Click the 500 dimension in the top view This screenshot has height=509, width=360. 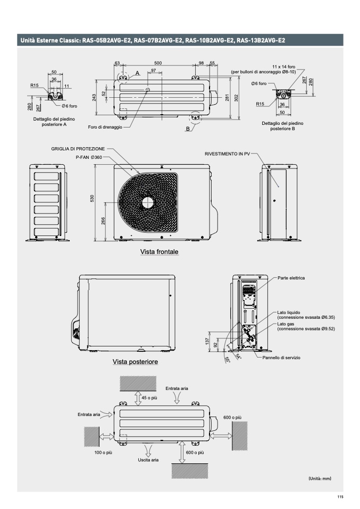[x=157, y=63]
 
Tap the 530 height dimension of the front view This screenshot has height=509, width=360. [x=92, y=198]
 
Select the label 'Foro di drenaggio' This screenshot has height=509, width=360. [x=105, y=127]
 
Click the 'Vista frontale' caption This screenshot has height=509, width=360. [x=159, y=252]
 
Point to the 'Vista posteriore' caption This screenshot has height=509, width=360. [x=135, y=362]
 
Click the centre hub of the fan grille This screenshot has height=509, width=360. [x=148, y=202]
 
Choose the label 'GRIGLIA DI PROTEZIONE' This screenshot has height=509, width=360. [x=78, y=149]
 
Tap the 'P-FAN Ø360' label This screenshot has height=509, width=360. [x=89, y=157]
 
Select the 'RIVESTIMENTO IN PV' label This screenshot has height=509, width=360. [x=228, y=154]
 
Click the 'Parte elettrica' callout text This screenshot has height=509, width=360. [x=291, y=278]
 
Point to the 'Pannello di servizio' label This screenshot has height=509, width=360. [x=281, y=358]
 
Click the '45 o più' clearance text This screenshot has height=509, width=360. [x=149, y=397]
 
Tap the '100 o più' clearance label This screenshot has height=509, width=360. [x=103, y=452]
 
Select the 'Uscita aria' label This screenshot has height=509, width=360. [x=148, y=460]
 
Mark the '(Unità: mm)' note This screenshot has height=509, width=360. [x=320, y=479]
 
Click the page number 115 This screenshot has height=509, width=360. [x=340, y=497]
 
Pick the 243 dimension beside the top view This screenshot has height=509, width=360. [x=94, y=97]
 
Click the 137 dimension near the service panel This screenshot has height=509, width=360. [x=207, y=341]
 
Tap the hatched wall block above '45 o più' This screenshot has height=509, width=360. [x=138, y=384]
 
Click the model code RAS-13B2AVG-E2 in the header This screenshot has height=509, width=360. [x=261, y=40]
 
